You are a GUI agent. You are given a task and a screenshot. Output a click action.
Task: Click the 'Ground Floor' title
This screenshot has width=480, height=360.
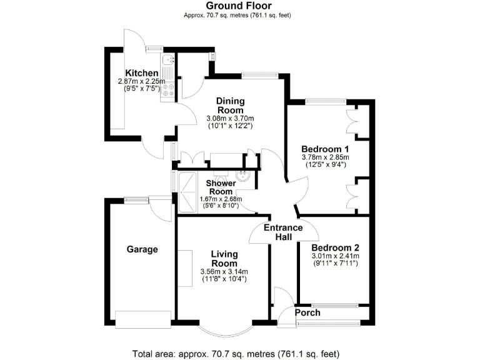(239, 6)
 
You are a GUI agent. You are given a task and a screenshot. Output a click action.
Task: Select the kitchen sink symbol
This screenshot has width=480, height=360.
(167, 61)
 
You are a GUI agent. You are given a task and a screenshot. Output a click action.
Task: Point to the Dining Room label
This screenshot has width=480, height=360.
(231, 106)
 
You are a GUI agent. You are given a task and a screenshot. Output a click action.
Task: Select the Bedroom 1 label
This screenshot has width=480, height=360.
(324, 149)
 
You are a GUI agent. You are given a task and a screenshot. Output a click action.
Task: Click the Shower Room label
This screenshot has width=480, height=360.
(221, 187)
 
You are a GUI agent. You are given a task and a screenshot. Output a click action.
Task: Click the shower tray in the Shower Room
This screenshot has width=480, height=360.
(186, 191)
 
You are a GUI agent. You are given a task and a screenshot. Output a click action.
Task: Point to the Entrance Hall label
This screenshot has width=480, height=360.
(282, 232)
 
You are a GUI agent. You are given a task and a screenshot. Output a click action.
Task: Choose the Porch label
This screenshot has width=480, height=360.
(307, 313)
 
